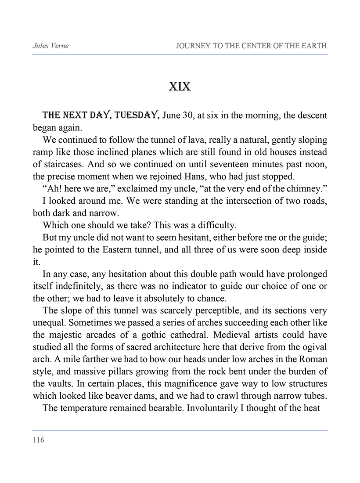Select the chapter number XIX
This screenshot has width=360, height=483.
click(x=180, y=87)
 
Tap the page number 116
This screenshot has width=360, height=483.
click(x=38, y=440)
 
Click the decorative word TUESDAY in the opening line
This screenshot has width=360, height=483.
click(x=137, y=115)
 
